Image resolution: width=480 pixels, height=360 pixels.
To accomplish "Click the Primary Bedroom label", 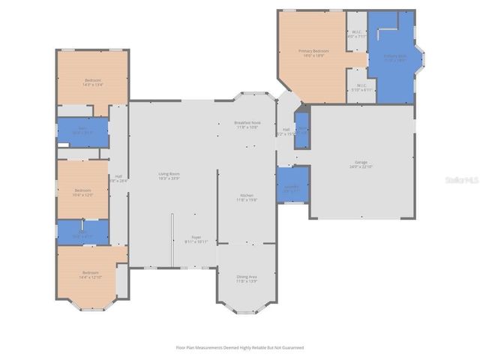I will [313, 53].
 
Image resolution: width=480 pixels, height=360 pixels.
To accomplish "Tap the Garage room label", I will [361, 164].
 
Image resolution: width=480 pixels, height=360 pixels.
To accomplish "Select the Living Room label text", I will [168, 176].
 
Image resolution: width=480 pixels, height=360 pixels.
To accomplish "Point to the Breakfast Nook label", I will [247, 124].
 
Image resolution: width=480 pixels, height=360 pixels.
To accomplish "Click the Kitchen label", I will [247, 196].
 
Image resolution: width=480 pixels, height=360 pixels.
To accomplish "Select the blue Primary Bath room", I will [394, 58].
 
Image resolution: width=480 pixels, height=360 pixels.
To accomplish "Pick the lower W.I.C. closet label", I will [361, 88].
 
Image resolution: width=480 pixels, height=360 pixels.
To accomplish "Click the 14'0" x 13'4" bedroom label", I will [93, 82].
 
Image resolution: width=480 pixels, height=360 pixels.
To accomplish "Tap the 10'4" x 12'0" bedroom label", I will [82, 193].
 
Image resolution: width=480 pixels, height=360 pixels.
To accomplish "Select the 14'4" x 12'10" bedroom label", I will [90, 274].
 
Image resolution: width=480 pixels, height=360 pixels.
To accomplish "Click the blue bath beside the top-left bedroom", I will [82, 130].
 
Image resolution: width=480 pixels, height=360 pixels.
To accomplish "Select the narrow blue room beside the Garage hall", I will [302, 130].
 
